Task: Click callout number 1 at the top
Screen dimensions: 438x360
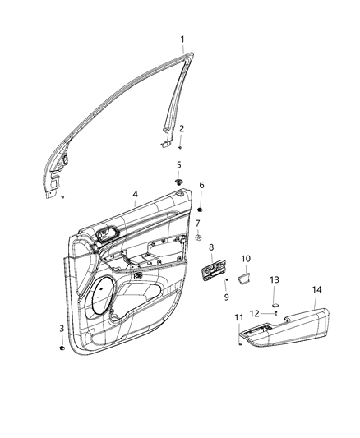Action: pos(182,39)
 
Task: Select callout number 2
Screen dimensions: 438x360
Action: pos(182,128)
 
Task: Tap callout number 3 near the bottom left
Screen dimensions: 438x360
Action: pos(62,329)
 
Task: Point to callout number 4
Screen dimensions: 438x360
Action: pos(135,195)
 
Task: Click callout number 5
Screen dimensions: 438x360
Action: pos(178,165)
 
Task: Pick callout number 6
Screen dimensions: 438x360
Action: pos(201,185)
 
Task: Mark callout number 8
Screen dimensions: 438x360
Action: pos(211,247)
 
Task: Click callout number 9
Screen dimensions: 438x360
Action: pos(226,296)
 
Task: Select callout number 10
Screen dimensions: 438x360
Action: pos(245,259)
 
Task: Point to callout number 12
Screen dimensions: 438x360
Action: pos(254,313)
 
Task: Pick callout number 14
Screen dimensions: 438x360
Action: pos(316,289)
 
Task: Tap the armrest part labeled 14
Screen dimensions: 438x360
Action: pos(288,326)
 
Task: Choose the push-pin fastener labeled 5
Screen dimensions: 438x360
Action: pos(178,180)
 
